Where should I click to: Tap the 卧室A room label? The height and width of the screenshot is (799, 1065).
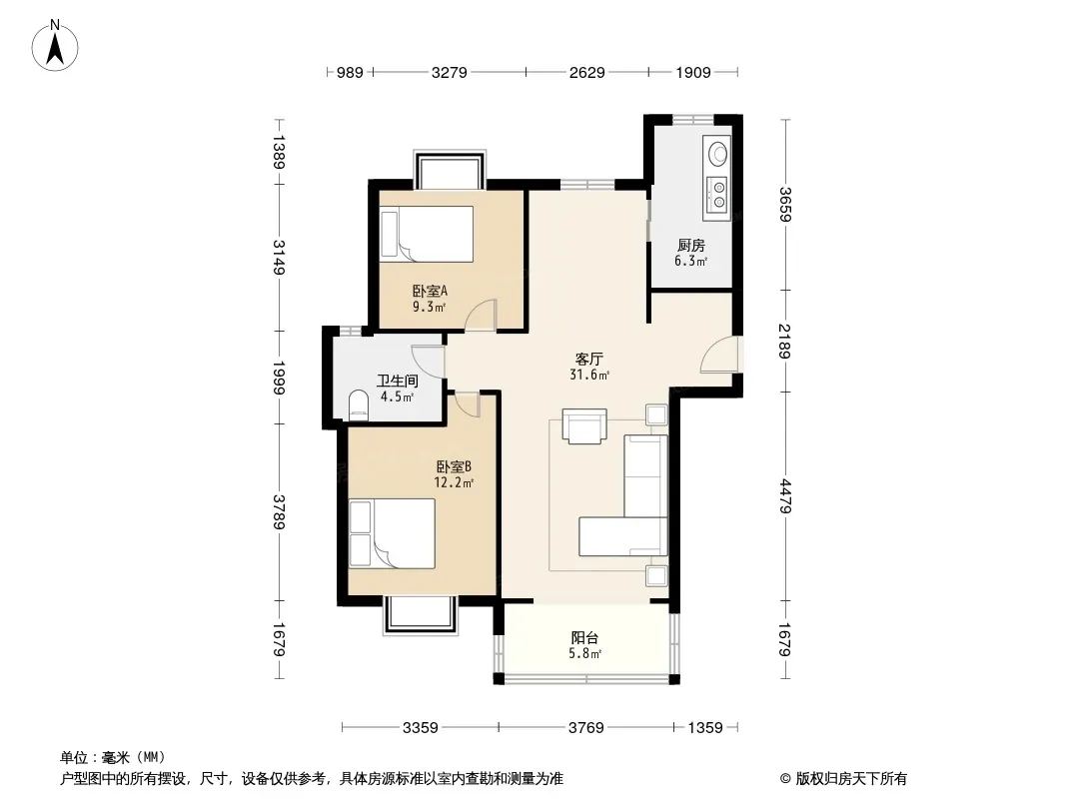coord(430,292)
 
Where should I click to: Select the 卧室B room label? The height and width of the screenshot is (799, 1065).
coord(454,467)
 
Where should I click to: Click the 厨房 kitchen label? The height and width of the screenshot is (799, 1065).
coord(690,246)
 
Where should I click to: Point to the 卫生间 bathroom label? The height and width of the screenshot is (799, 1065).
coord(398,382)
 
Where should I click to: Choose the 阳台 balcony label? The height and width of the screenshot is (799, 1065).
coord(584,638)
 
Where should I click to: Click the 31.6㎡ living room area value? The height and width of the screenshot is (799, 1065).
coord(589,375)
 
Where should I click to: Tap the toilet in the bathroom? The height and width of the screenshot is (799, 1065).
coord(358,405)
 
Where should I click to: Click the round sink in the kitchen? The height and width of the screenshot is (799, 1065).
coord(718,152)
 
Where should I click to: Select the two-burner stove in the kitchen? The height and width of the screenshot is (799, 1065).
coord(716,194)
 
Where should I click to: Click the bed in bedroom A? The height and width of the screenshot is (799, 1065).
coord(427,234)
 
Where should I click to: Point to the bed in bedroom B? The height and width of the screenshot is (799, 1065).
coord(392,533)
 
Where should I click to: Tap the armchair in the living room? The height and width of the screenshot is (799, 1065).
coord(584,426)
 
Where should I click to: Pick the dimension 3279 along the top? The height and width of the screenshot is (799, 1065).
coord(449,73)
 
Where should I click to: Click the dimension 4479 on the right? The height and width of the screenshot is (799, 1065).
coord(784,496)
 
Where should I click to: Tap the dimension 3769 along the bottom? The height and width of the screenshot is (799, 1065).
coord(586,728)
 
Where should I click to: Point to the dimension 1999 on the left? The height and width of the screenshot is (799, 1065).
coord(279,378)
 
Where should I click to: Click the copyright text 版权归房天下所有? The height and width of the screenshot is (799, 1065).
coord(851,779)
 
